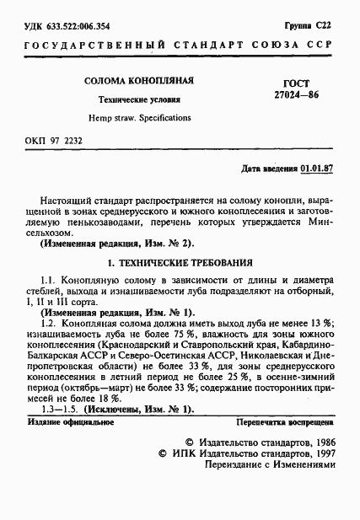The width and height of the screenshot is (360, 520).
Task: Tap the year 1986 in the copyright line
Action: pyautogui.click(x=320, y=441)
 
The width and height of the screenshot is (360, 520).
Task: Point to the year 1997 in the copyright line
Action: pyautogui.click(x=320, y=453)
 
